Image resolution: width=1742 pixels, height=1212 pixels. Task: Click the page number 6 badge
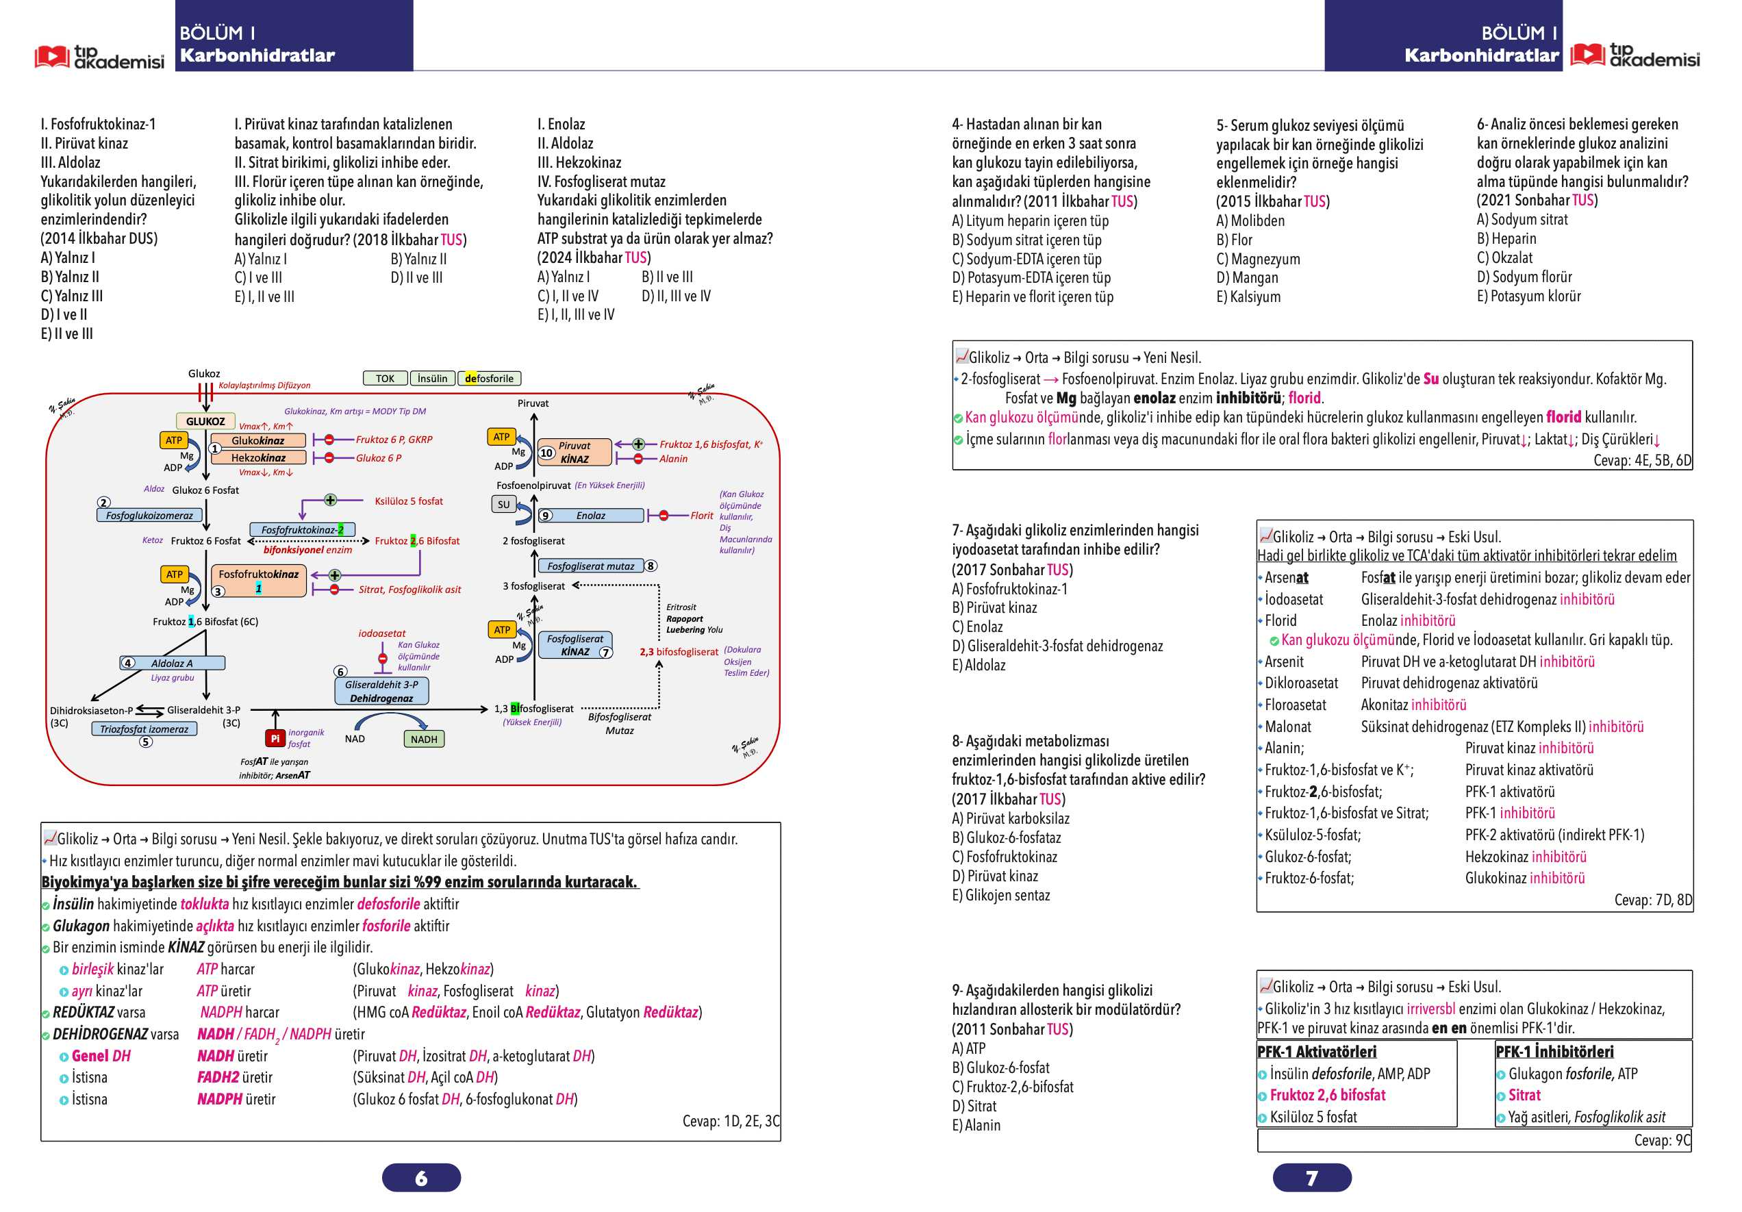[421, 1177]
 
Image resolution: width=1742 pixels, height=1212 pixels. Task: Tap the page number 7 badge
[1312, 1177]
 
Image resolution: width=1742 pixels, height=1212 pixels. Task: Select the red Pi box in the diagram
[275, 737]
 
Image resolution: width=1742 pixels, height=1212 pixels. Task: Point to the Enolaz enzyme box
[590, 516]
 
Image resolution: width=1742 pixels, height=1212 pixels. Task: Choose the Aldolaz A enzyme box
[173, 663]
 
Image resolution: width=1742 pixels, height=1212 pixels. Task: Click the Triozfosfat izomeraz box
[144, 729]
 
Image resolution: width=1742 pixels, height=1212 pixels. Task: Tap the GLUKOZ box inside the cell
[205, 421]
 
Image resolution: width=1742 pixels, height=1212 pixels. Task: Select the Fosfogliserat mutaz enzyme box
[591, 566]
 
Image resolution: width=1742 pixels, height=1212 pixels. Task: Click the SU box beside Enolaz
[504, 504]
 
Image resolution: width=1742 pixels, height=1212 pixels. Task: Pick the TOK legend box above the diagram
[385, 378]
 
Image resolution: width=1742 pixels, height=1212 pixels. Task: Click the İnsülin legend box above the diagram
[433, 378]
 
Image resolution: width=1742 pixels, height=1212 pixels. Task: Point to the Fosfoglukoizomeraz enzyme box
[149, 516]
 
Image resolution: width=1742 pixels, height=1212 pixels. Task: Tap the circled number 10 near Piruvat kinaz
[546, 453]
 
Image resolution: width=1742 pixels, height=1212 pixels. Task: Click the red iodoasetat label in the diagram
[381, 633]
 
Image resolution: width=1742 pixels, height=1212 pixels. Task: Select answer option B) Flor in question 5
[1234, 240]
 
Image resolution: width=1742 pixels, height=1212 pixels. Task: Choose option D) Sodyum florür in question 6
[1524, 277]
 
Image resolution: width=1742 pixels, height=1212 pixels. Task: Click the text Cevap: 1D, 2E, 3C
[731, 1121]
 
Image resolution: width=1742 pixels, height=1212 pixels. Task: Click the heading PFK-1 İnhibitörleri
[1554, 1052]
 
